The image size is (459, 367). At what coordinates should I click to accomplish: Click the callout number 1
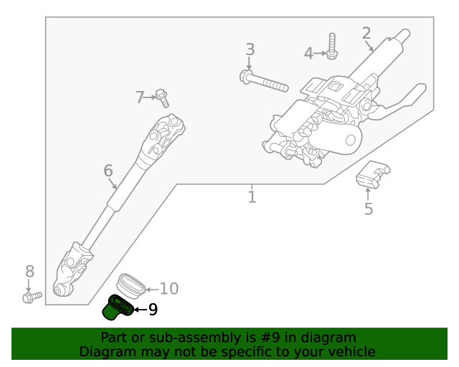pos(252,196)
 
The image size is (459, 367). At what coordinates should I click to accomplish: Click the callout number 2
pos(366,33)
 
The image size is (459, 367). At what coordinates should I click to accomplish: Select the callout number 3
pos(250,49)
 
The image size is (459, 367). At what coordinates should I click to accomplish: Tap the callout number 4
pos(308,53)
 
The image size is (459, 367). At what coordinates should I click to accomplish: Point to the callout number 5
pos(369,209)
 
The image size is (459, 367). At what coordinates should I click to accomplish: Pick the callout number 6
pos(108,171)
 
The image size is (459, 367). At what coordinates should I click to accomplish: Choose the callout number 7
pos(141,97)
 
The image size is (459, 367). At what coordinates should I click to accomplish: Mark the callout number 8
pos(29,271)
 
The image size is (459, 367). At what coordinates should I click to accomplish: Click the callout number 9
pos(153,310)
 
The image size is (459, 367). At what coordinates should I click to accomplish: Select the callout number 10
pos(169,289)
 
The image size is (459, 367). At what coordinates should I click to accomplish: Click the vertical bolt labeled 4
pos(332,45)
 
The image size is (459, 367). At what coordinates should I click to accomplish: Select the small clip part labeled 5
pos(372,174)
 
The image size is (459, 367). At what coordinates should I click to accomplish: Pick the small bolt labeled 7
pos(162,96)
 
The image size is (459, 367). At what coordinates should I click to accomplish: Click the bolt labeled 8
pos(31,295)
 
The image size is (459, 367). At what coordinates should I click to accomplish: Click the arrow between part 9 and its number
pos(139,310)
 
